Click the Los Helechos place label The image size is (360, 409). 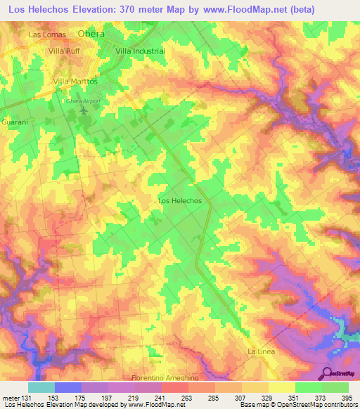pyautogui.click(x=180, y=201)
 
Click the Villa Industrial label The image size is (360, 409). pyautogui.click(x=139, y=51)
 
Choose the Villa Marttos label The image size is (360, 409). pyautogui.click(x=75, y=82)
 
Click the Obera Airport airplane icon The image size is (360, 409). pyautogui.click(x=84, y=110)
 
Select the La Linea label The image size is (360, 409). pyautogui.click(x=260, y=351)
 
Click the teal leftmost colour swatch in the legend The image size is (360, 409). pyautogui.click(x=41, y=387)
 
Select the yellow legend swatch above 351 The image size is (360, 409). pyautogui.click(x=282, y=387)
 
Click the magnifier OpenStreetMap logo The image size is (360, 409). pyautogui.click(x=325, y=372)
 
